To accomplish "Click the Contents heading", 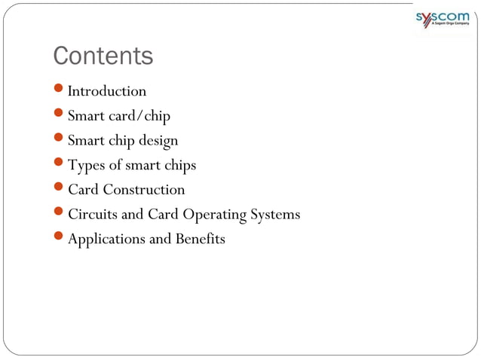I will (x=103, y=56).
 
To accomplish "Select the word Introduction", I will (x=107, y=91).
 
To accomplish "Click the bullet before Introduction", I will (x=60, y=90).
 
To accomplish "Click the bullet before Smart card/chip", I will (x=60, y=115).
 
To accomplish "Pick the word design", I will (x=158, y=141).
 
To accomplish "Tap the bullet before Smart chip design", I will (x=60, y=140).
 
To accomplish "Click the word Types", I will (x=86, y=165).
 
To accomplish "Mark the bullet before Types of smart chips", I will (x=60, y=164).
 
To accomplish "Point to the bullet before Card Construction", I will (x=60, y=189).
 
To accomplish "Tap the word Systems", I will (x=275, y=215).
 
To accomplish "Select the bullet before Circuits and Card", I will (x=60, y=214).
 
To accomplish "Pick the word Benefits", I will (x=201, y=239).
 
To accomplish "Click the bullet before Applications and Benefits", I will (x=60, y=239).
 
